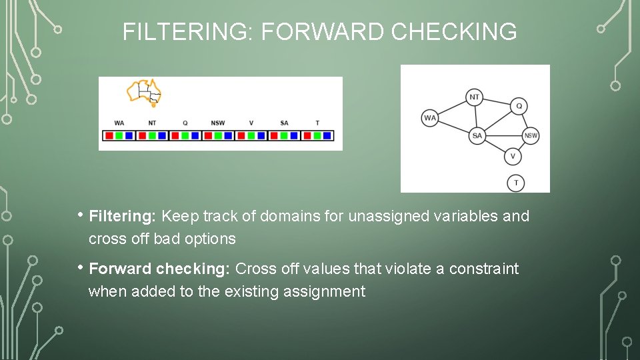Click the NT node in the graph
[474, 97]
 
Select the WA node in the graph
[430, 118]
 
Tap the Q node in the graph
[519, 106]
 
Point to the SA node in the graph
[477, 135]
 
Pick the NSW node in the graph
[531, 135]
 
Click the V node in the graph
[512, 157]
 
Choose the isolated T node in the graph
[515, 183]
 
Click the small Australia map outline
[145, 92]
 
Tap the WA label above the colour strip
[119, 123]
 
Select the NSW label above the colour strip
[217, 123]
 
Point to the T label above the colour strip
[317, 123]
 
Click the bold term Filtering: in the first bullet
[123, 216]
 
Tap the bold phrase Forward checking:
[159, 269]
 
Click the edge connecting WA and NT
[451, 108]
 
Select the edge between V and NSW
[521, 146]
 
